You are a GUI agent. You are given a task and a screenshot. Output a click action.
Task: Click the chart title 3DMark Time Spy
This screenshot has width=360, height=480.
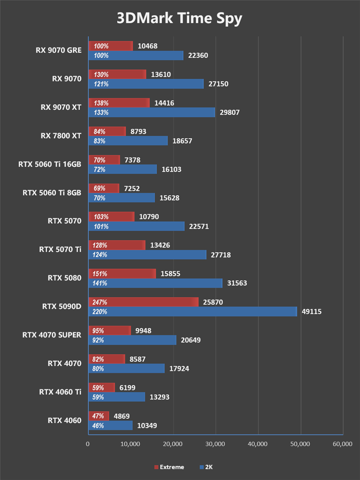pyautogui.click(x=180, y=19)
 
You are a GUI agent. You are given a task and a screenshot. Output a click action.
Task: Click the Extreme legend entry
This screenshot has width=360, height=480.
pyautogui.click(x=169, y=467)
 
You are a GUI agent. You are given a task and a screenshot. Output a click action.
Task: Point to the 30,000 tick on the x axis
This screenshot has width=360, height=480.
pyautogui.click(x=215, y=444)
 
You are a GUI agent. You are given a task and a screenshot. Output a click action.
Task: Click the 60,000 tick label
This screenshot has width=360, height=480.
pyautogui.click(x=342, y=444)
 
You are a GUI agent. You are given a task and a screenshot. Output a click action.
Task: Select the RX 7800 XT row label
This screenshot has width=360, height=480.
pyautogui.click(x=61, y=135)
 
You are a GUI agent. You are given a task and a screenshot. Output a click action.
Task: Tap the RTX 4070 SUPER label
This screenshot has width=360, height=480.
pyautogui.click(x=52, y=335)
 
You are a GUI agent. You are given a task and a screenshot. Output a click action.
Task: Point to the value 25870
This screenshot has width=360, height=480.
pyautogui.click(x=214, y=302)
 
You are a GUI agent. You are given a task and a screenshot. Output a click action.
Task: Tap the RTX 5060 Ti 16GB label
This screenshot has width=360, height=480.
pyautogui.click(x=49, y=164)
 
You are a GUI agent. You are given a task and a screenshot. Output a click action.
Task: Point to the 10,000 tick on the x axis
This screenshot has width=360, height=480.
pyautogui.click(x=130, y=444)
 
